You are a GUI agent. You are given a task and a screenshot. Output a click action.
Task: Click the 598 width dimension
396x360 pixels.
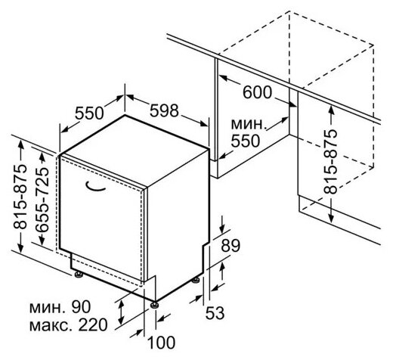click(164, 110)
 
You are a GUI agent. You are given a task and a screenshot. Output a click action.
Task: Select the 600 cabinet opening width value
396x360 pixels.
click(258, 92)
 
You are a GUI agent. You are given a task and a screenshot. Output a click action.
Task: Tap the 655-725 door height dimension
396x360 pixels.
click(42, 200)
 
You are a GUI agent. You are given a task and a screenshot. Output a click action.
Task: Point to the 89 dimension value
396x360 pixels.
click(230, 245)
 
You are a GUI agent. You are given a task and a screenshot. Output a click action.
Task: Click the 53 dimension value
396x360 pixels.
click(215, 313)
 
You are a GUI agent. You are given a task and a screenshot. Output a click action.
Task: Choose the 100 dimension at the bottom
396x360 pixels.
click(161, 343)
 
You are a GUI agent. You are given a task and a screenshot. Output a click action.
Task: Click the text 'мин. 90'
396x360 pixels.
click(60, 307)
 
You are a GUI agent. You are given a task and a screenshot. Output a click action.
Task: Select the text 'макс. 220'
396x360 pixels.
click(69, 325)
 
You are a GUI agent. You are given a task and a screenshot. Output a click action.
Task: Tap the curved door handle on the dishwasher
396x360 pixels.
click(95, 186)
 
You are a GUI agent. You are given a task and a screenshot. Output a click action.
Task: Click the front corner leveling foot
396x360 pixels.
click(154, 305)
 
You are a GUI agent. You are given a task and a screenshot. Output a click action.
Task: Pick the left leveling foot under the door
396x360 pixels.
click(79, 275)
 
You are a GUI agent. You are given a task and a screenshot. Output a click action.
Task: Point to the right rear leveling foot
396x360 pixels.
click(196, 281)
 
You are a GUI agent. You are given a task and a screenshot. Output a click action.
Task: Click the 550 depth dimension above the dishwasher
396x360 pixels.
click(90, 113)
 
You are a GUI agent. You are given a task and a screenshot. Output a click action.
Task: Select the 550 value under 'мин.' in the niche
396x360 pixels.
click(246, 141)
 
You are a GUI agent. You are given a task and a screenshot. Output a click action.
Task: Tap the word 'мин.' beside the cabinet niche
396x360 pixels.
click(249, 124)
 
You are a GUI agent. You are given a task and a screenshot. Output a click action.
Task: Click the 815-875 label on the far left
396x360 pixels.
click(20, 197)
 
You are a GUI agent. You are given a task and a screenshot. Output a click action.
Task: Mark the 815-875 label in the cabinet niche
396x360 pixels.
click(330, 162)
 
